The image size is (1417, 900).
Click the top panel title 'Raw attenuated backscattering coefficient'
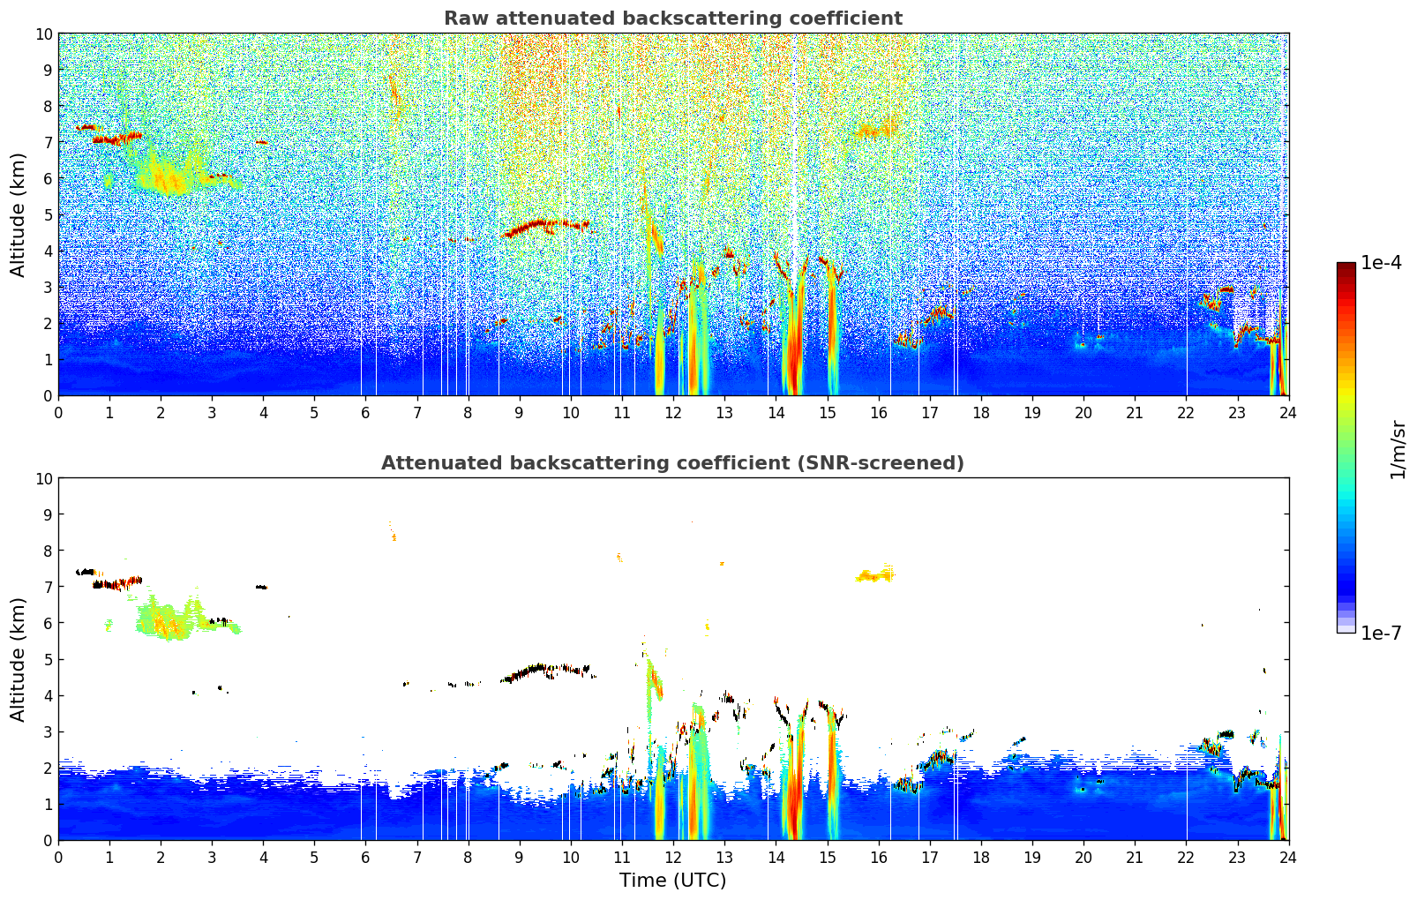click(672, 19)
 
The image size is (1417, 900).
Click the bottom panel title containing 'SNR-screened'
click(672, 463)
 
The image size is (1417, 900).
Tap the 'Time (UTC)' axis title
click(672, 880)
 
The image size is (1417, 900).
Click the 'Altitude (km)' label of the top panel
click(19, 214)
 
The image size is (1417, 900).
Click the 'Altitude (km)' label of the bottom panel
click(19, 659)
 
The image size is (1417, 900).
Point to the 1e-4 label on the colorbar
click(1381, 263)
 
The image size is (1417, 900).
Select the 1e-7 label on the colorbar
click(1381, 633)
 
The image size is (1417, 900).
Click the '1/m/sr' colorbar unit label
click(1398, 448)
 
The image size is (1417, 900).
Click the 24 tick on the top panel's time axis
click(1288, 412)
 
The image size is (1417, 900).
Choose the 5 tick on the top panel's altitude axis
click(48, 214)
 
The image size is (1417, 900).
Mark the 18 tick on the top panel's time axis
click(981, 412)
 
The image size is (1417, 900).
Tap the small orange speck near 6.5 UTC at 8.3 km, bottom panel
click(394, 537)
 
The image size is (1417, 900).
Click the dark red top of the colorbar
click(1346, 267)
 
